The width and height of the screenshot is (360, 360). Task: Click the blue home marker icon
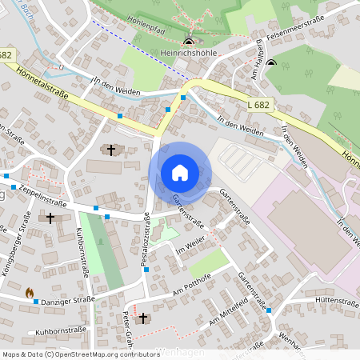point(180,172)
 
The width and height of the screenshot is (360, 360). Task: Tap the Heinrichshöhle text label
point(189,52)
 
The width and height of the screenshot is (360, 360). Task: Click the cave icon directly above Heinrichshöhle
point(189,42)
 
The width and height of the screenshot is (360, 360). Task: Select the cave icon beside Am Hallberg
point(271,64)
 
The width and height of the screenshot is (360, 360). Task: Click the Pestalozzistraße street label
point(146,239)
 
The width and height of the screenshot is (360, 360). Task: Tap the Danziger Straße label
point(69,299)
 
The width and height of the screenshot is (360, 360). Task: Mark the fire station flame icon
point(30,293)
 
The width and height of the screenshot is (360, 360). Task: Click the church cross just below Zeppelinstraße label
point(50,217)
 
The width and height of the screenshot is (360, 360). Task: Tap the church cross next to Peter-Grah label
point(143,318)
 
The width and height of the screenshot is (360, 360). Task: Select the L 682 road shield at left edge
point(6,54)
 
